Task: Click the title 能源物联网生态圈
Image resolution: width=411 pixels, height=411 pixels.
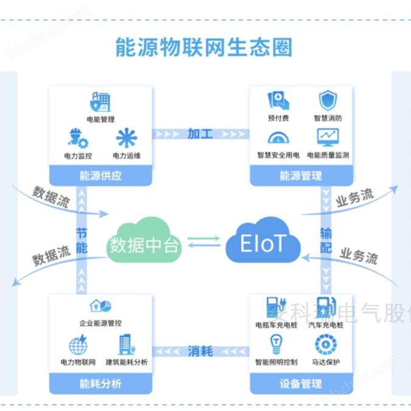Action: coord(204,47)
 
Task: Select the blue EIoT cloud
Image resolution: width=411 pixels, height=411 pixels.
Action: coord(263,243)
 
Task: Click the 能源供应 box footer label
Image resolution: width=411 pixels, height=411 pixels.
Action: coord(100,176)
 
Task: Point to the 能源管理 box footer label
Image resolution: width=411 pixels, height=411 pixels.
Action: coord(300,176)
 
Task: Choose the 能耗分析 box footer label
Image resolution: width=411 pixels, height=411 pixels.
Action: coord(100,384)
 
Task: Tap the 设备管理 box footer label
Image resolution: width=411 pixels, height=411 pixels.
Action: coord(300,384)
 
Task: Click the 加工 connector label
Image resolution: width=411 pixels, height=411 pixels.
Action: coord(200,133)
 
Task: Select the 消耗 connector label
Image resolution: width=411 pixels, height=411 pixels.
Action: coord(200,351)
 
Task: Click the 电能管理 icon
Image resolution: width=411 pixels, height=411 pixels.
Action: coord(100,102)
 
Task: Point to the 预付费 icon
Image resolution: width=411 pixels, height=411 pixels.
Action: coord(278,100)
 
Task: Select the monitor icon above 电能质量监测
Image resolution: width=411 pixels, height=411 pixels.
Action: coord(328,137)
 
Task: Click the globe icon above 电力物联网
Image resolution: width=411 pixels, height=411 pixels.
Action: coord(78,346)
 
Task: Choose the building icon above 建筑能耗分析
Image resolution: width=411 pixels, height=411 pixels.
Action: coord(126,345)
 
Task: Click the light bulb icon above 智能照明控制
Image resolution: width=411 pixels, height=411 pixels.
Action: coord(277,345)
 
